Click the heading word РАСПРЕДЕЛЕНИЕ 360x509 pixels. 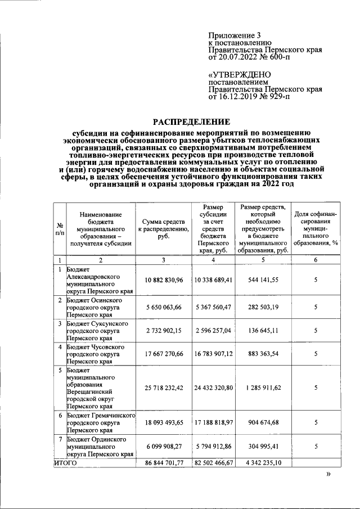(x=192, y=122)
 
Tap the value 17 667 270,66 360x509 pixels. (x=164, y=355)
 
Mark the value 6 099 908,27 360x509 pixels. (x=164, y=447)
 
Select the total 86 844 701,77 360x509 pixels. (x=164, y=462)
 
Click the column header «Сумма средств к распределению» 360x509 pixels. (x=164, y=229)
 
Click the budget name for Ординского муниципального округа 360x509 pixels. (x=99, y=447)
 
